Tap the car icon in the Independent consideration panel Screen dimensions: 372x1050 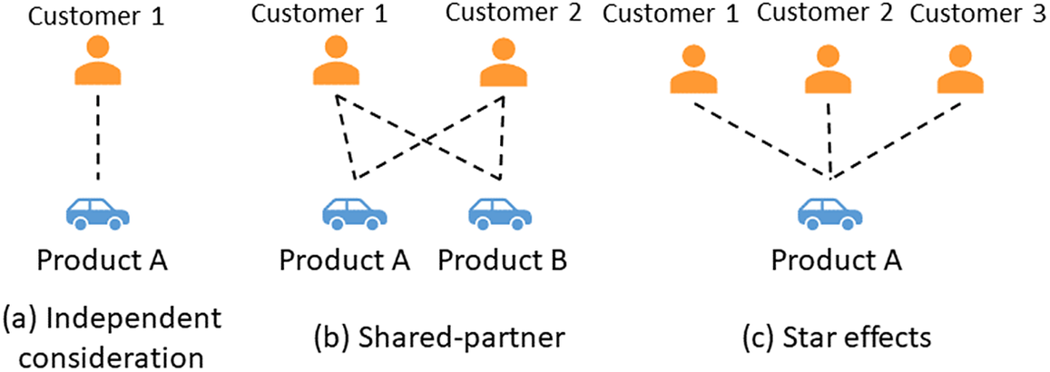(x=98, y=214)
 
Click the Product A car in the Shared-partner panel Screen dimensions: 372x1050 (x=356, y=215)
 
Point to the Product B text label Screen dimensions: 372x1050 (x=502, y=259)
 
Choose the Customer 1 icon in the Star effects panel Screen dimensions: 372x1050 (x=693, y=71)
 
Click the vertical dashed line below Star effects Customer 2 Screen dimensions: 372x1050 (x=829, y=136)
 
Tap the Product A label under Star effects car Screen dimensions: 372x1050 (x=836, y=259)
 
